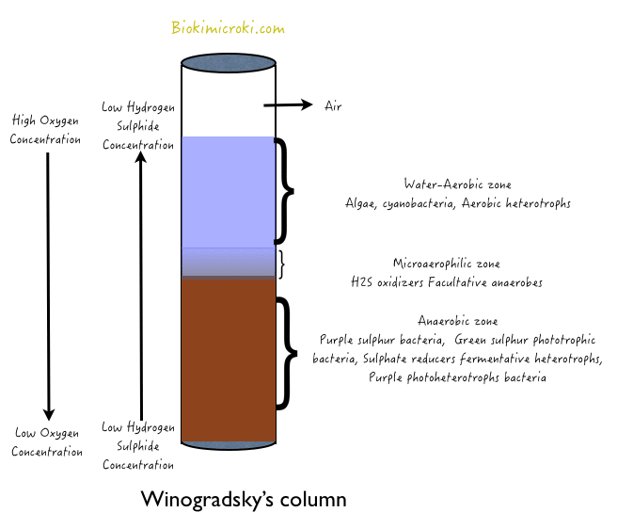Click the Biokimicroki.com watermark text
click(228, 28)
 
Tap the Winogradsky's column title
click(243, 499)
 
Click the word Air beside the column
click(333, 105)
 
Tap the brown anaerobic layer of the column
click(229, 358)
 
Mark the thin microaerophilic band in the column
click(229, 263)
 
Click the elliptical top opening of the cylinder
click(229, 64)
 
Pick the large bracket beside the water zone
click(285, 191)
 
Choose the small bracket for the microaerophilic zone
click(281, 264)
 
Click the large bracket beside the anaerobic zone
click(285, 354)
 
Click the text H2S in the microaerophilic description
click(361, 280)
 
